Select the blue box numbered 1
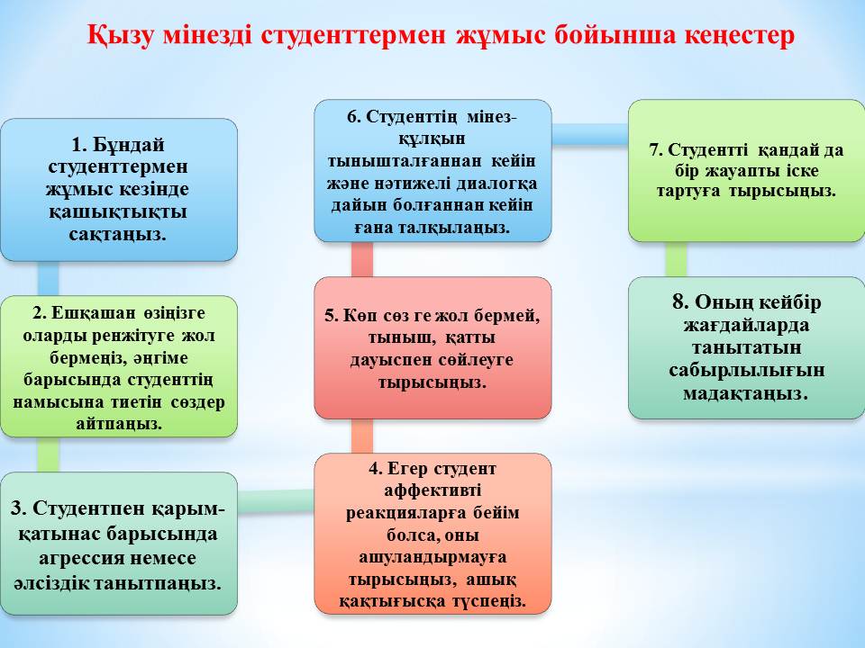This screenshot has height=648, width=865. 119,190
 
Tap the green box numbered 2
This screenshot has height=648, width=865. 119,367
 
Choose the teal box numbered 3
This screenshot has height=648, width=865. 119,544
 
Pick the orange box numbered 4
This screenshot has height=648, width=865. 432,534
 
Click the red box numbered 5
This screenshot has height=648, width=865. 432,348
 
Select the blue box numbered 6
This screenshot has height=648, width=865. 432,170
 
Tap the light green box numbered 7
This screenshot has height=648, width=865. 746,170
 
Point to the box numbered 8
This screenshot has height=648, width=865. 746,347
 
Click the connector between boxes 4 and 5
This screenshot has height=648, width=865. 361,436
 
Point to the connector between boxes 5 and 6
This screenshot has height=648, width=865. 361,259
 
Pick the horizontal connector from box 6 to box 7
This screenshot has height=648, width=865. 589,134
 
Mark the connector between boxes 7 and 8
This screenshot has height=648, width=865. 675,259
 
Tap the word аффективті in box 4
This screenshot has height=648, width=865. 432,490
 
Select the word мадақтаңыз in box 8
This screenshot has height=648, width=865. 746,393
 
